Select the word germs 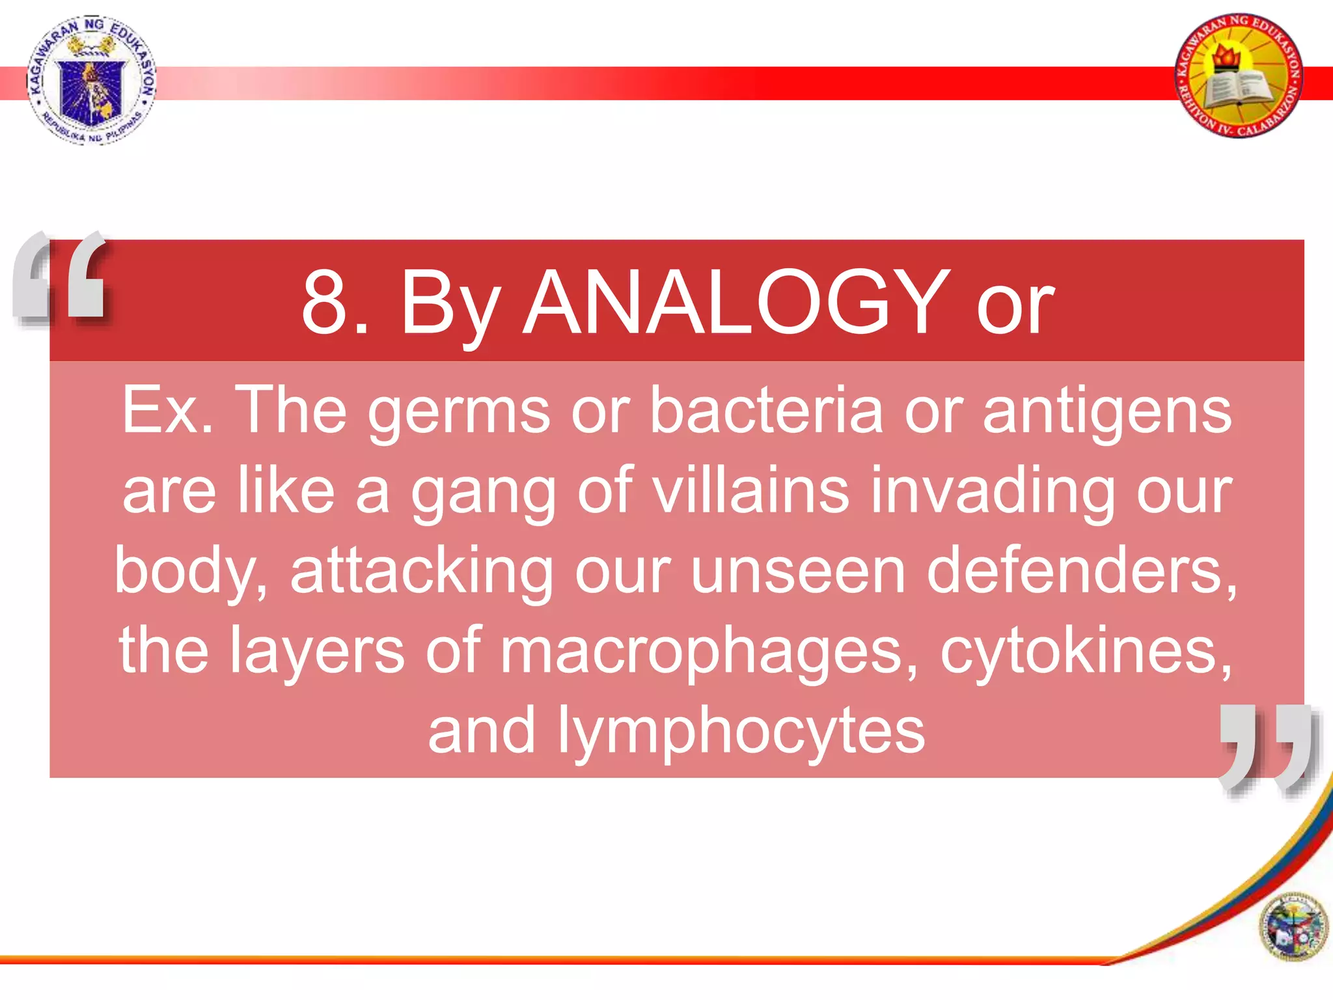(x=459, y=411)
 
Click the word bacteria (x=766, y=411)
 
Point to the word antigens (x=1106, y=411)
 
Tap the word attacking (x=422, y=572)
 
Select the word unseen (x=797, y=572)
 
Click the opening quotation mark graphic (x=61, y=277)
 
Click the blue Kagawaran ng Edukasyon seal (x=92, y=79)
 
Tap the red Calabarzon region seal (x=1239, y=76)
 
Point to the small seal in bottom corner (x=1293, y=926)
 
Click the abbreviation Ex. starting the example (x=167, y=411)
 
